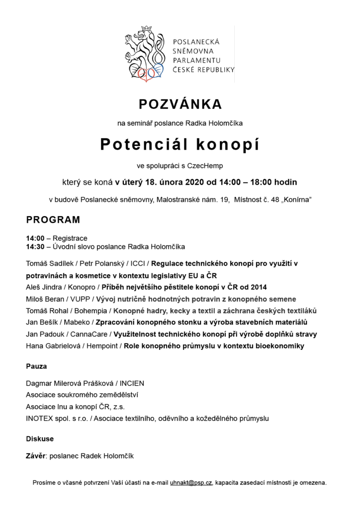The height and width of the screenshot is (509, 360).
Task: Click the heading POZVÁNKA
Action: [180, 104]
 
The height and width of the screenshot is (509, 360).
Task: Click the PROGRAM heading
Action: [53, 219]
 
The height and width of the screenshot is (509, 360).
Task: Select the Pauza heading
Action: [36, 366]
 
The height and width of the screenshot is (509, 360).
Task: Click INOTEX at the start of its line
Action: [40, 419]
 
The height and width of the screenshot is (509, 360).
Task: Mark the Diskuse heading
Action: [40, 439]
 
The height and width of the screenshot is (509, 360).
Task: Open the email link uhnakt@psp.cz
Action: [191, 483]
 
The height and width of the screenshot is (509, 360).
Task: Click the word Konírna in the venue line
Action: [295, 200]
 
